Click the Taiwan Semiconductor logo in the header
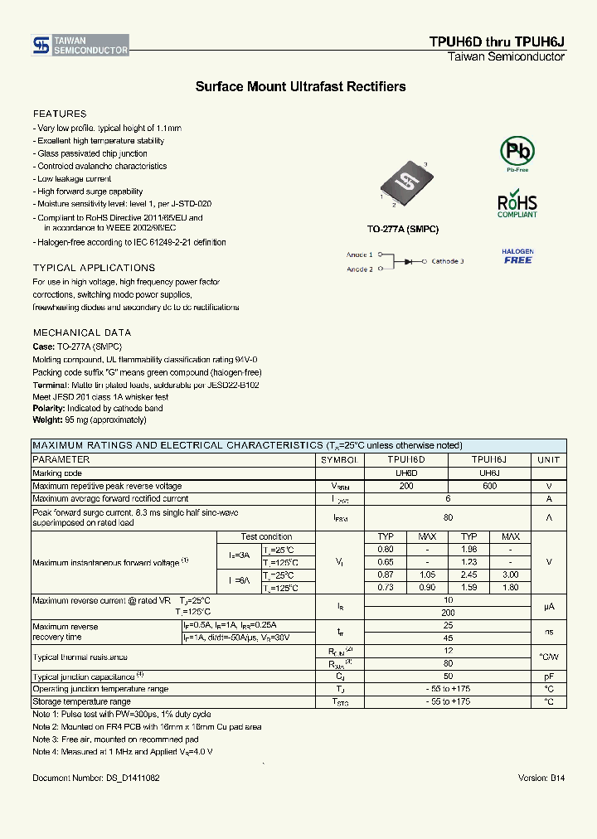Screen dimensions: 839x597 pos(80,46)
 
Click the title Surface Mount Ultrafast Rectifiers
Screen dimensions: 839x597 pos(300,86)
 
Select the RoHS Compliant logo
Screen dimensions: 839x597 pos(517,206)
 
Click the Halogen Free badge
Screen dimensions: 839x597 pos(517,256)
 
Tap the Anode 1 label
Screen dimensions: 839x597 pos(359,255)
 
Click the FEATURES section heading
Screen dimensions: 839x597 pos(60,114)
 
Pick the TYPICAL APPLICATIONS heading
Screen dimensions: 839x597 pos(94,268)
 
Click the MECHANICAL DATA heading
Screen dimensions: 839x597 pos(82,332)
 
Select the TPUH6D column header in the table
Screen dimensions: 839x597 pos(406,459)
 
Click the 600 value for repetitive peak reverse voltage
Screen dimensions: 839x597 pos(489,486)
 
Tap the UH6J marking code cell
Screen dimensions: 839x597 pos(489,473)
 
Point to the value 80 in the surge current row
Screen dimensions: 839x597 pos(448,516)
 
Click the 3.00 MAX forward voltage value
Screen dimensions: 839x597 pos(510,575)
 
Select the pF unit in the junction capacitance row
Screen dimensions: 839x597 pos(548,676)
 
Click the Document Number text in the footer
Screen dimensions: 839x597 pos(96,778)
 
